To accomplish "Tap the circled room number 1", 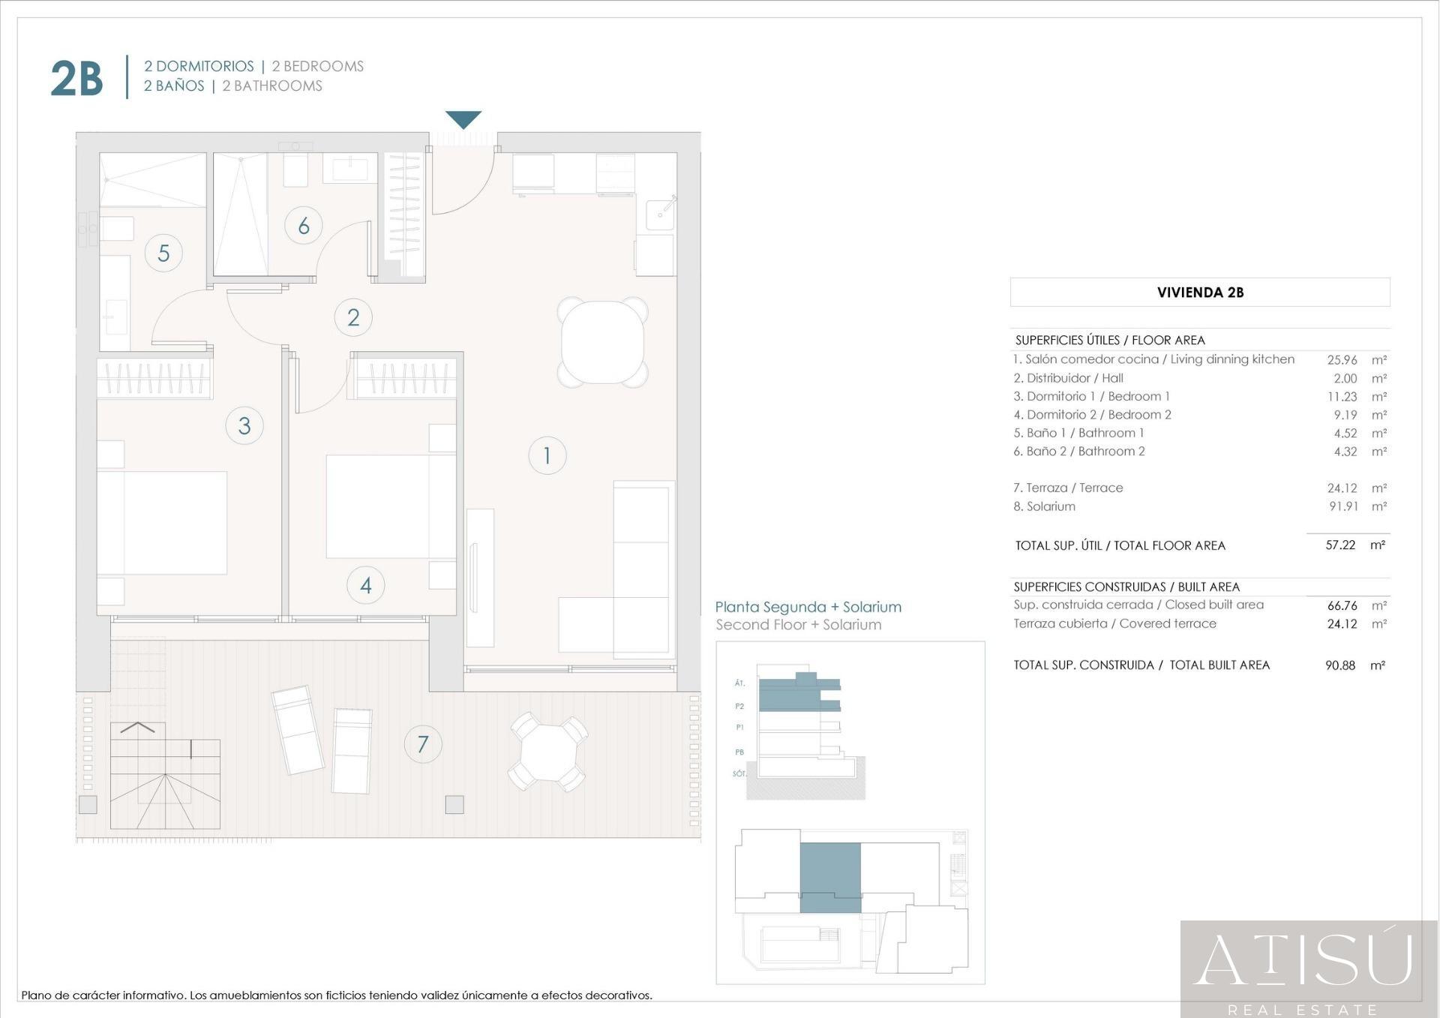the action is tap(547, 455).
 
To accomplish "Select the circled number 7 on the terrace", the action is tap(423, 744).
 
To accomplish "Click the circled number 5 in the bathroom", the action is tap(163, 253).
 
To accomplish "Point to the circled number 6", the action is tap(304, 225).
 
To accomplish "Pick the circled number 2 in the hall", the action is tap(353, 317).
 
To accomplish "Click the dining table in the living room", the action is tap(603, 342).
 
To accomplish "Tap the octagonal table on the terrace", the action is tap(548, 752).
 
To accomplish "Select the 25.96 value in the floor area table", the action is tap(1342, 360).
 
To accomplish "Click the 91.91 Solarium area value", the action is tap(1344, 506).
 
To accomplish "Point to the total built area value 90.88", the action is tap(1340, 665).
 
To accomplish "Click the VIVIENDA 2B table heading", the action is tap(1200, 293).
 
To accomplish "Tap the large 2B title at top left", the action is tap(76, 79).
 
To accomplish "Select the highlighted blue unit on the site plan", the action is tap(830, 877).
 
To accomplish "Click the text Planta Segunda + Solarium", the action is tap(808, 607).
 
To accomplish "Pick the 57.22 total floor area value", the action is tap(1340, 545).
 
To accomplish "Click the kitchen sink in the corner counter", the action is tap(660, 214).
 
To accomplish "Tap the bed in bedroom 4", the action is tap(391, 506).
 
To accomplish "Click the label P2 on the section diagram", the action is tap(739, 706).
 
